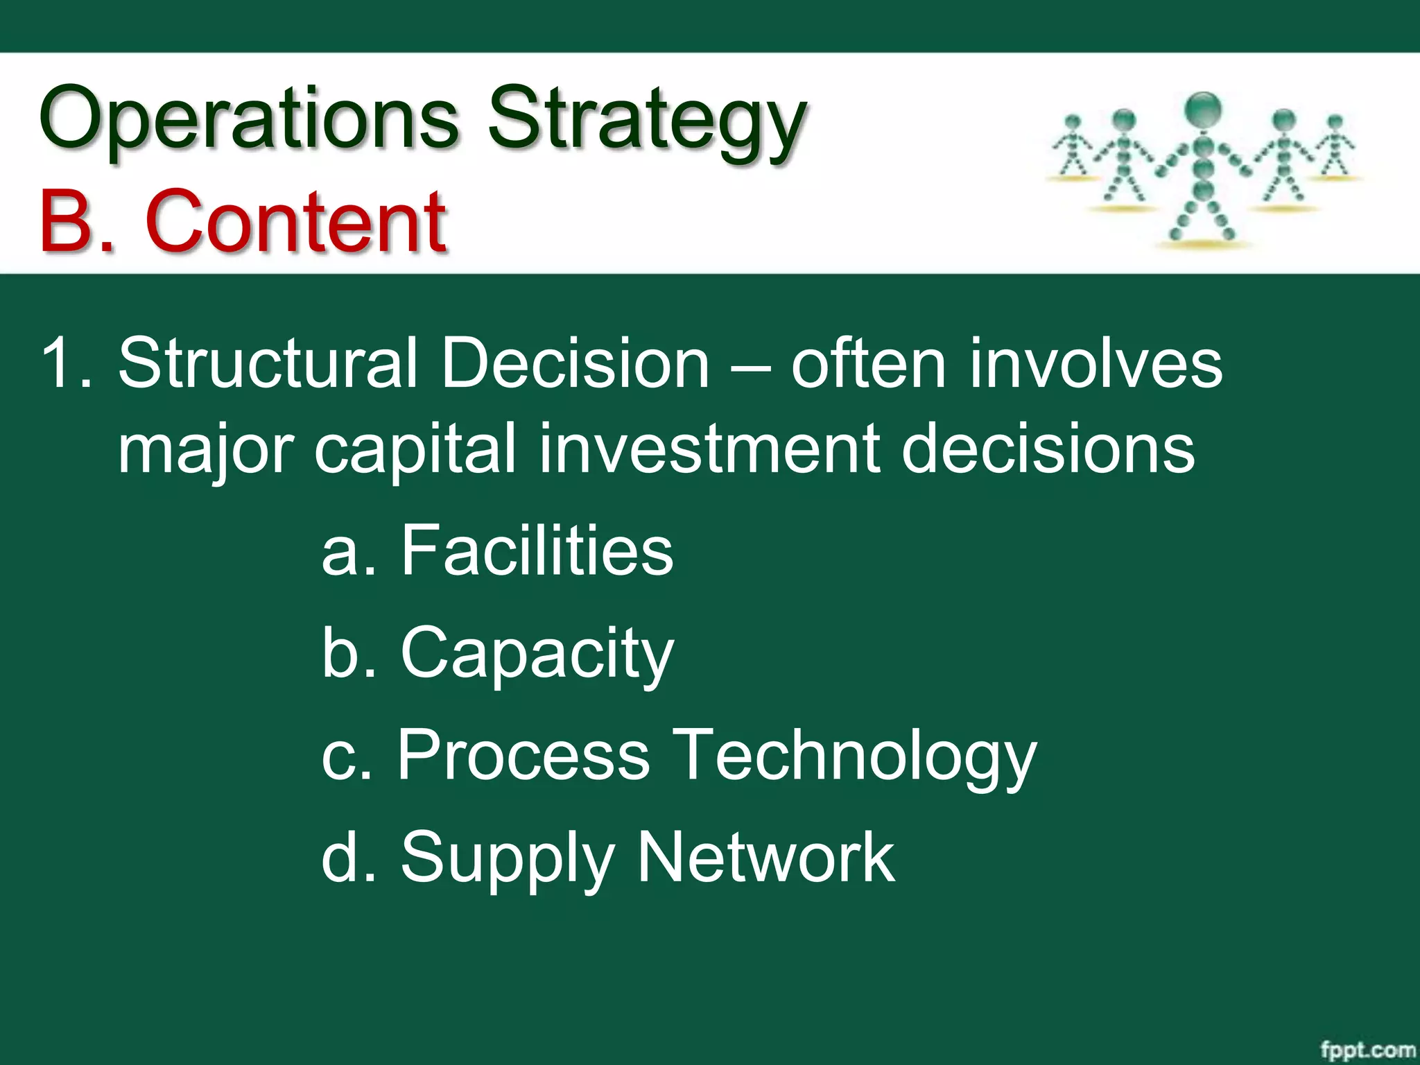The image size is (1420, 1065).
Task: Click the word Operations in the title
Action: tap(250, 118)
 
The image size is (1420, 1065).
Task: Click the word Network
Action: tap(765, 857)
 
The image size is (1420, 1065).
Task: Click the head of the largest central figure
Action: tap(1203, 111)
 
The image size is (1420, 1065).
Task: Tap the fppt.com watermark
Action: tap(1366, 1049)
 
